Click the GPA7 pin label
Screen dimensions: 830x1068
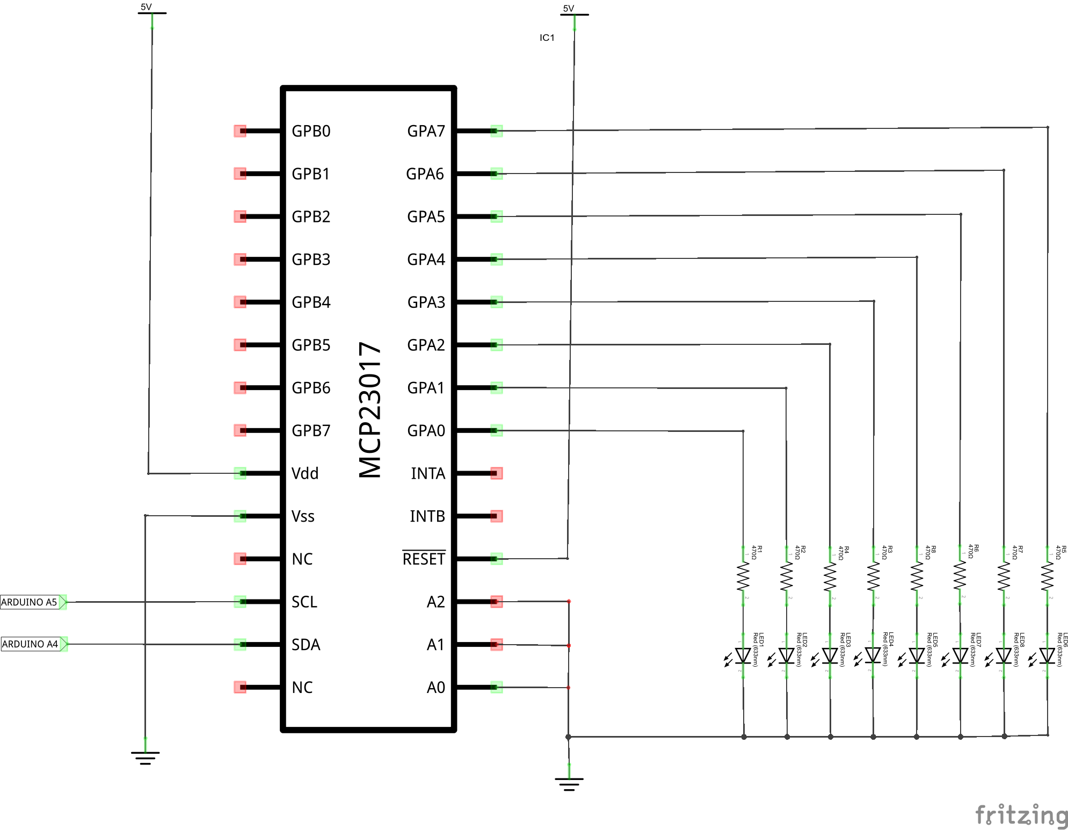(x=426, y=131)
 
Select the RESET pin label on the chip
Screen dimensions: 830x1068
(x=424, y=559)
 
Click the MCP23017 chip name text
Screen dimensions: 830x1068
(x=370, y=410)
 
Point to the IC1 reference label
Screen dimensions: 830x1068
(x=547, y=38)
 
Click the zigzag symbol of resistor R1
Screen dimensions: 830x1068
(x=743, y=576)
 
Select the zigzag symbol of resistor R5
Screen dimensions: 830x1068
(x=1047, y=576)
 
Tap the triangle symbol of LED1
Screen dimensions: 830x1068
(x=743, y=655)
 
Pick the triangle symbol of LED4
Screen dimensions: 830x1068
(x=873, y=655)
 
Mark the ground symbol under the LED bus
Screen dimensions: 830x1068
(x=569, y=783)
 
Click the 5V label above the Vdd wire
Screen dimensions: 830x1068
(x=146, y=7)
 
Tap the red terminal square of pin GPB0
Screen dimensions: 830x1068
(x=240, y=131)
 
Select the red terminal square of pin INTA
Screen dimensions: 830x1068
(x=497, y=473)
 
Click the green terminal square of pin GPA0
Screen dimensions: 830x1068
(x=497, y=430)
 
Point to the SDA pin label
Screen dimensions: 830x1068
(x=306, y=645)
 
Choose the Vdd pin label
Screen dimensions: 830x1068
(x=304, y=473)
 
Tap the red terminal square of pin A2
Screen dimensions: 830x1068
(x=497, y=602)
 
